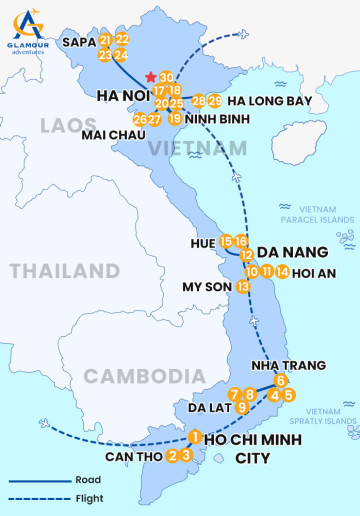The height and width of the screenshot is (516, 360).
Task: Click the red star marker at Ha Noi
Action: tap(151, 77)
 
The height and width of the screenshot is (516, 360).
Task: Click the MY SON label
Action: tap(206, 286)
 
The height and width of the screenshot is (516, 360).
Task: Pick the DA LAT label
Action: tap(211, 407)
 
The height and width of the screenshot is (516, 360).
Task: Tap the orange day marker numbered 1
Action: tap(195, 437)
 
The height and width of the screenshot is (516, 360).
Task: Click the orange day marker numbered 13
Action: tap(243, 286)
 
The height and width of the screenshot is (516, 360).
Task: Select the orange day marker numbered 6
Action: tap(281, 380)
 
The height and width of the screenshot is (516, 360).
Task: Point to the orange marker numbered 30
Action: tap(167, 77)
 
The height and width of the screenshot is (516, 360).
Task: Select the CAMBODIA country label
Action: tap(137, 376)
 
